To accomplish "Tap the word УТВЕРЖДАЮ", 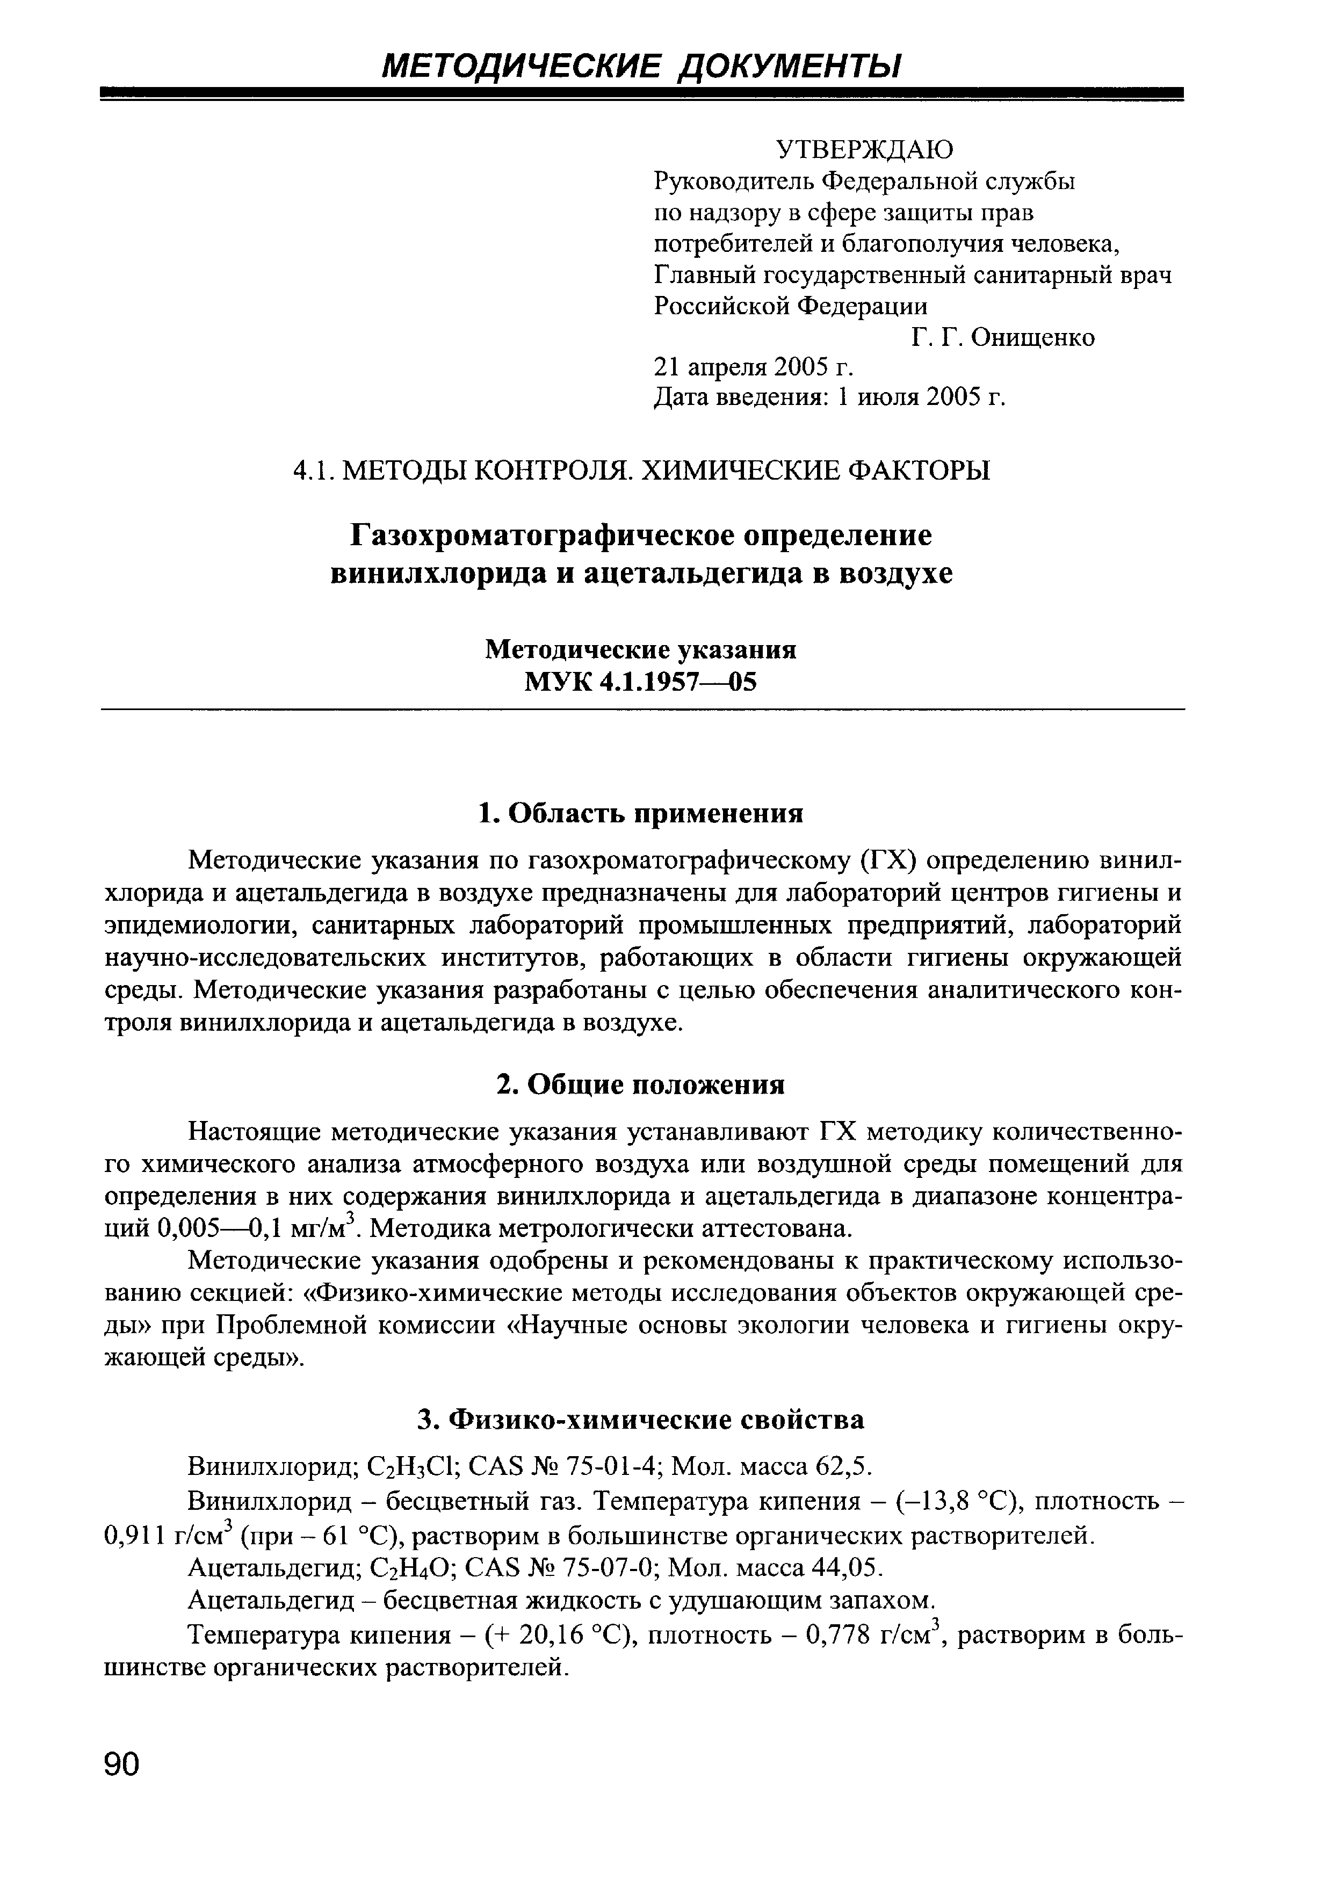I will pyautogui.click(x=864, y=149).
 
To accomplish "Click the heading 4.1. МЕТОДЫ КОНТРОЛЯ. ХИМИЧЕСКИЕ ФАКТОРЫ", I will pyautogui.click(x=641, y=471).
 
